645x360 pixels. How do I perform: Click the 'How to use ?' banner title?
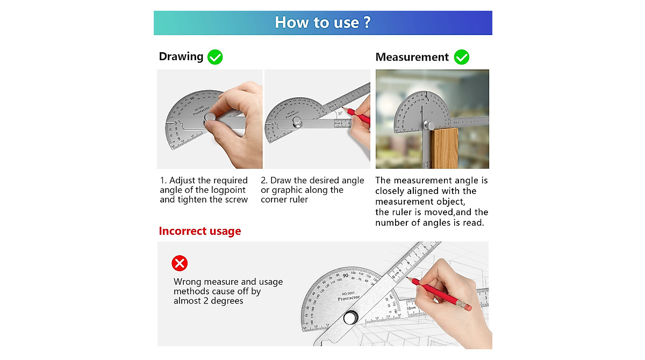322,23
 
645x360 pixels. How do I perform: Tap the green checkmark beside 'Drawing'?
215,57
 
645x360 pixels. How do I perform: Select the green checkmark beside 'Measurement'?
461,57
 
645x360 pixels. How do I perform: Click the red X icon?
180,263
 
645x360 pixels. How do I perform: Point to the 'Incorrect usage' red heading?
200,231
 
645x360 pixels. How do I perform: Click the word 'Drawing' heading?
181,57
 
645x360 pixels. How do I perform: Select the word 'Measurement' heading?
412,57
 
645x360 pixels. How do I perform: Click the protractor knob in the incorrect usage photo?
350,318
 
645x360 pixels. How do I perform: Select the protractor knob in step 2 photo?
296,123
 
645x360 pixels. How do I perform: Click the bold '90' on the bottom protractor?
345,276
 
